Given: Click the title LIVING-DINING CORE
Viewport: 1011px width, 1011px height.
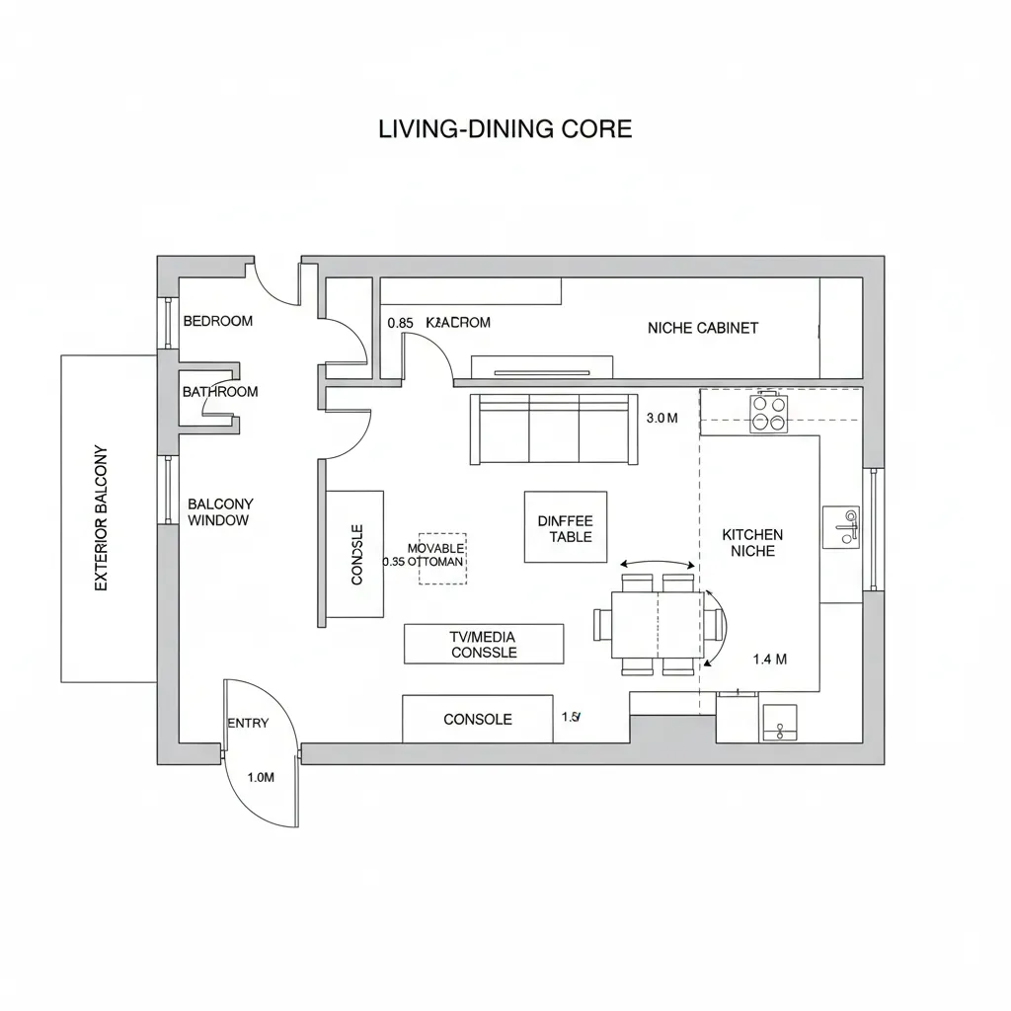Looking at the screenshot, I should point(505,129).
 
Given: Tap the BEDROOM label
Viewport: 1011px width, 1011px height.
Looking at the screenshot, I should point(218,321).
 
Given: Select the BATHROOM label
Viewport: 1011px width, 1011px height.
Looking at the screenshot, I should point(220,392).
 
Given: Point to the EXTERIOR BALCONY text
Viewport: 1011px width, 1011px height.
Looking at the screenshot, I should point(101,518).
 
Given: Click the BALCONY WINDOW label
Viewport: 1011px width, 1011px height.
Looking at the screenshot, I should point(219,511).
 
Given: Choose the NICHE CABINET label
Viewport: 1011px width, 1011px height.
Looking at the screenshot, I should point(703,328).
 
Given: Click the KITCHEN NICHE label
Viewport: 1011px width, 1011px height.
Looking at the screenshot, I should point(752,542).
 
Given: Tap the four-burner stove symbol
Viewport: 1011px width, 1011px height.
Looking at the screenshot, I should point(769,413).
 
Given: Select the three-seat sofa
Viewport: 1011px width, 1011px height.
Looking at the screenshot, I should point(554,429).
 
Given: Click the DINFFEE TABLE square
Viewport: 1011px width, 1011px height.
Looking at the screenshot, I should point(565,527).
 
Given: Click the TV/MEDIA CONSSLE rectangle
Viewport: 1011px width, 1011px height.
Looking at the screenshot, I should point(484,644).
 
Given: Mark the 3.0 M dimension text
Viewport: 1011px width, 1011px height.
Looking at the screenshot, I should point(661,418).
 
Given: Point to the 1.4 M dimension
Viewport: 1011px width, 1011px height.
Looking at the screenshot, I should point(769,660).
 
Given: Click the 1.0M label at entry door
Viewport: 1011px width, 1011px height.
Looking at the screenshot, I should point(260,777).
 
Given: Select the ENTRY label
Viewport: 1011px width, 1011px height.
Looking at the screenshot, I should point(248,723).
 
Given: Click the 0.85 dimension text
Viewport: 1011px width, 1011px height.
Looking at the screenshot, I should point(400,323).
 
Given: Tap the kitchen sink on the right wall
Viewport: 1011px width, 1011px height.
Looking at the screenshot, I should point(841,527).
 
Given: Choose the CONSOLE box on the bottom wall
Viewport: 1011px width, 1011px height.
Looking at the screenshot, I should point(477,719).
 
